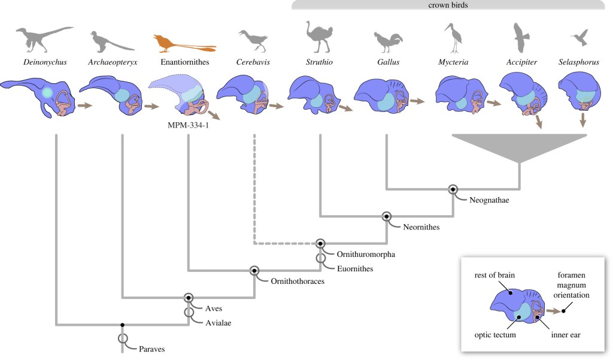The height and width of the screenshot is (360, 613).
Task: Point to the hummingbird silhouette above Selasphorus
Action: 579,38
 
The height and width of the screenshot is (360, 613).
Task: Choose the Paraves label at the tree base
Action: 151,348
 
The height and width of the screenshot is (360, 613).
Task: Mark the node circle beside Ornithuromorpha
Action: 321,243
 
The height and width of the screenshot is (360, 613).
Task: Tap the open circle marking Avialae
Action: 189,311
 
